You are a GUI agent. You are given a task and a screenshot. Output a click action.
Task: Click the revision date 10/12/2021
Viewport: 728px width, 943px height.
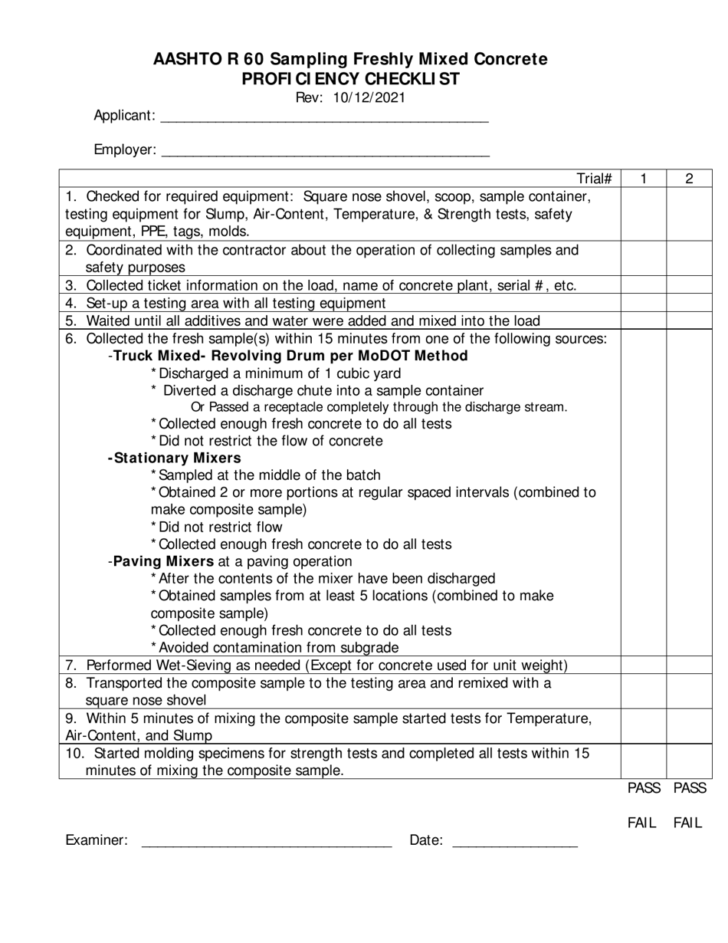coord(370,98)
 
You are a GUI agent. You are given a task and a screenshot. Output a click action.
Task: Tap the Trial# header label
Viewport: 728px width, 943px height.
coord(594,179)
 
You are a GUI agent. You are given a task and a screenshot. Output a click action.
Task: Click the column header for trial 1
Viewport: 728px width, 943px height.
coord(643,179)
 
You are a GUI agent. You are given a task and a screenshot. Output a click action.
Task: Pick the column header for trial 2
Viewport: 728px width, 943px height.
coord(689,179)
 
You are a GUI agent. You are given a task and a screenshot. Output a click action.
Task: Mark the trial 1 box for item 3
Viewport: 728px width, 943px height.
coord(643,286)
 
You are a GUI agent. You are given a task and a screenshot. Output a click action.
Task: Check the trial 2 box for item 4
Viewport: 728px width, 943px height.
coord(689,304)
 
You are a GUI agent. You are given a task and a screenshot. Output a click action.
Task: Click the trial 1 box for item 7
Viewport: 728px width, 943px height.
coord(643,665)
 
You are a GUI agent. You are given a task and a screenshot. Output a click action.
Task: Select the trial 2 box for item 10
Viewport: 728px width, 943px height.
coord(689,762)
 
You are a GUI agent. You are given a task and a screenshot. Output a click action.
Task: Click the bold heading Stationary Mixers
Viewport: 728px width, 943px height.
coord(175,458)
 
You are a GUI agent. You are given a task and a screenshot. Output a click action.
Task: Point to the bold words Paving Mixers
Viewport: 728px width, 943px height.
coord(163,562)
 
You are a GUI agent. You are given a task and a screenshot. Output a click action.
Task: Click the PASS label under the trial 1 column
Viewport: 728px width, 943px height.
coord(644,788)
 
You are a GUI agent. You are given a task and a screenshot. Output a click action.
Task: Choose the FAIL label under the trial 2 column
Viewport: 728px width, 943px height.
coord(687,823)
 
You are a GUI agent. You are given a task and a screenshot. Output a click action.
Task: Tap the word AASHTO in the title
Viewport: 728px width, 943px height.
coord(187,59)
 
